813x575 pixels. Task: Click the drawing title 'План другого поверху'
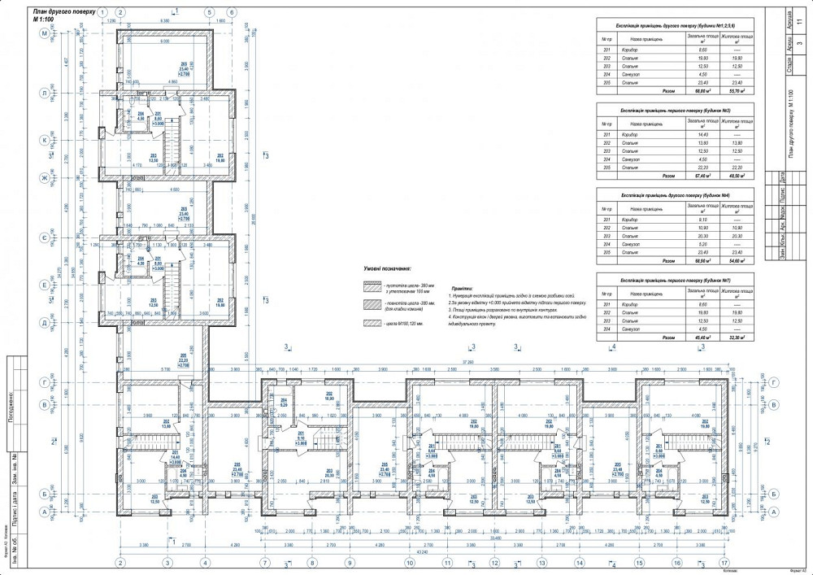(x=64, y=11)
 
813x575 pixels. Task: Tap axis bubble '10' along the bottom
(x=410, y=562)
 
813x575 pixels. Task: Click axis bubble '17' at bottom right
(x=724, y=562)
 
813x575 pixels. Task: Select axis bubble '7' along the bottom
(x=264, y=562)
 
